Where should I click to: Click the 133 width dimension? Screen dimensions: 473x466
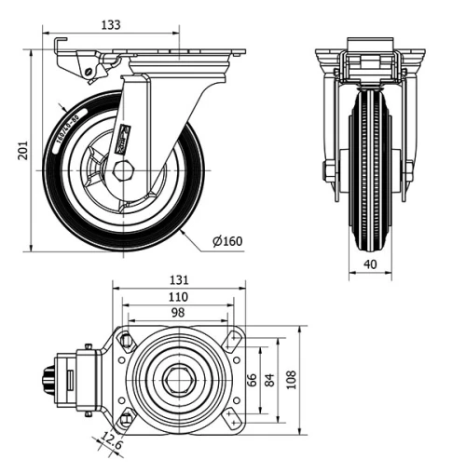[x=111, y=26]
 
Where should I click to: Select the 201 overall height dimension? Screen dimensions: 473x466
[x=23, y=151]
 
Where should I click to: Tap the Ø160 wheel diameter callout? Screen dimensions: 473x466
[x=227, y=242]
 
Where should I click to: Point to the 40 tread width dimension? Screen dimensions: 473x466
[x=371, y=265]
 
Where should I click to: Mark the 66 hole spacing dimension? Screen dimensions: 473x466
[x=251, y=379]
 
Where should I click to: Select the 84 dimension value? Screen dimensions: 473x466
[x=269, y=379]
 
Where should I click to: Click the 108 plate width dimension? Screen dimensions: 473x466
[x=291, y=379]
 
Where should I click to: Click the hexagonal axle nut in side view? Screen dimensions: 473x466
[x=124, y=170]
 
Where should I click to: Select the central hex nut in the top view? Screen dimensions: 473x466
[x=177, y=379]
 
